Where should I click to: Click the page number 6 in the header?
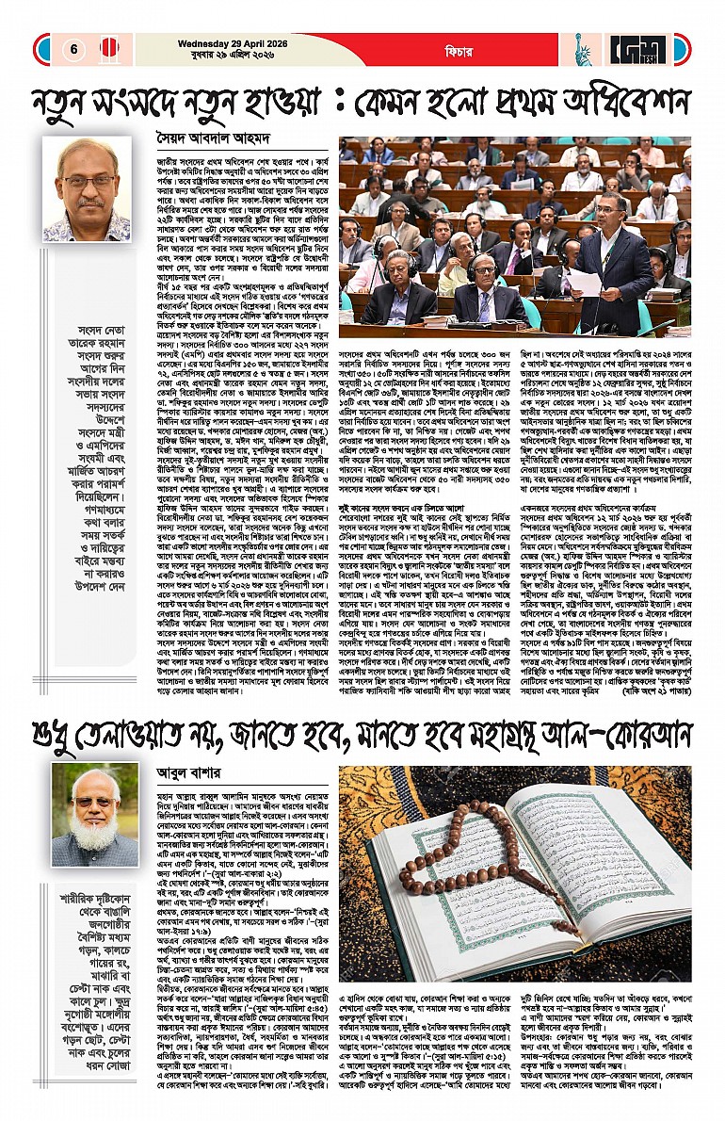tap(72, 49)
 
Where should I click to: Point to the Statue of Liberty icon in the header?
tap(582, 48)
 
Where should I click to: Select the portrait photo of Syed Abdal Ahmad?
tap(87, 188)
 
